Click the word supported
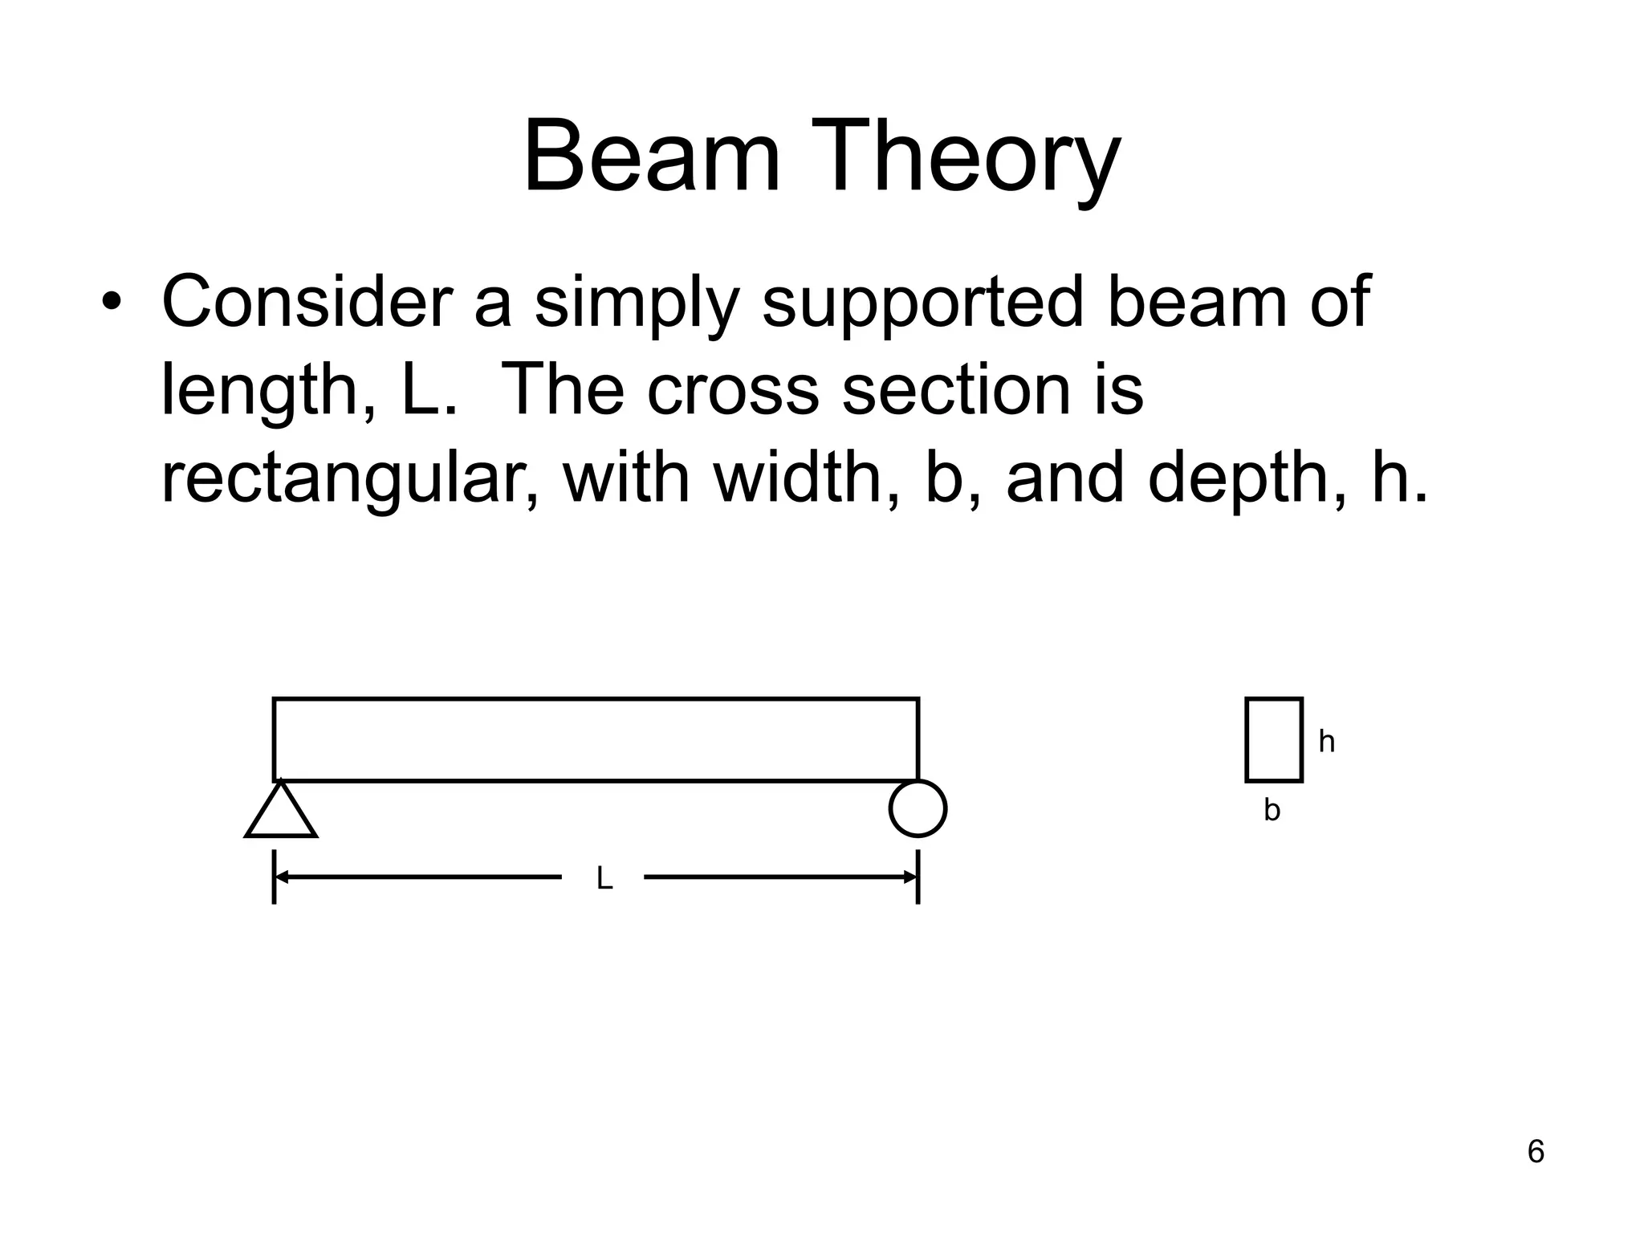click(922, 303)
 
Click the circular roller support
click(918, 808)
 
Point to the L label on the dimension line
click(604, 880)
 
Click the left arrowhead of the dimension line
click(282, 877)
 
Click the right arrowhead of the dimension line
click(910, 877)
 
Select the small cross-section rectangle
click(1274, 739)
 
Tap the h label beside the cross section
click(1326, 743)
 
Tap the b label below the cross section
click(1272, 811)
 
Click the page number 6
click(1536, 1152)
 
